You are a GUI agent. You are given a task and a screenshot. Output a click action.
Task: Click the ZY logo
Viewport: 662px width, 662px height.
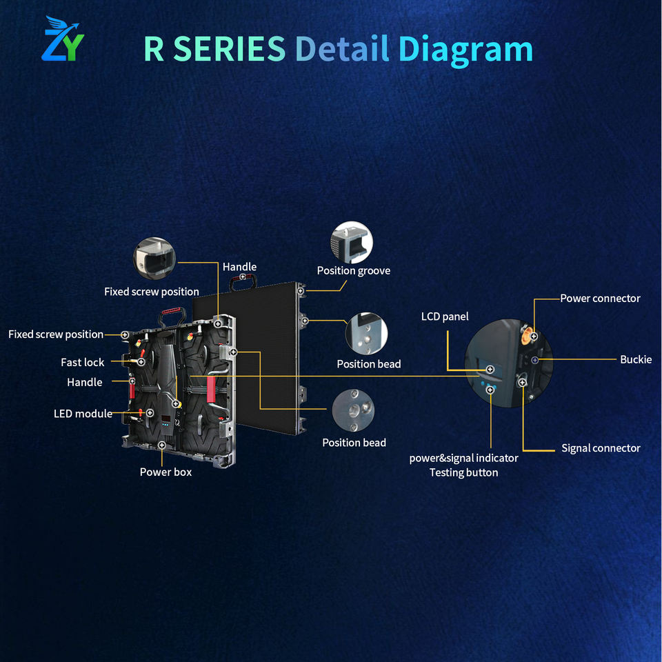pos(63,39)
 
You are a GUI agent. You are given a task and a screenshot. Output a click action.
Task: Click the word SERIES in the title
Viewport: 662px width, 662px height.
pos(230,49)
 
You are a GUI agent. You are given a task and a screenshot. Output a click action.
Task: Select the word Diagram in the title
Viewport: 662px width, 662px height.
pos(465,50)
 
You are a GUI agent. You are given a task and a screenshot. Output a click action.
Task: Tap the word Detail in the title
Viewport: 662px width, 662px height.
pos(342,48)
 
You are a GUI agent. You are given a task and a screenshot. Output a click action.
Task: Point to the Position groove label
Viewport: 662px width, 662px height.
pos(353,270)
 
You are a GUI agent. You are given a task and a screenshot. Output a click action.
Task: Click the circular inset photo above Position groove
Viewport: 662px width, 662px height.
pos(352,242)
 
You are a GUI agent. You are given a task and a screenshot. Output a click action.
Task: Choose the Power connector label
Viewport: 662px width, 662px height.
pos(600,299)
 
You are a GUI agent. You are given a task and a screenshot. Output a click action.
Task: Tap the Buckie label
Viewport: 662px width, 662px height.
pos(636,360)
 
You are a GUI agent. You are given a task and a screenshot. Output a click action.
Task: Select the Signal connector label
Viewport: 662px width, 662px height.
pos(601,448)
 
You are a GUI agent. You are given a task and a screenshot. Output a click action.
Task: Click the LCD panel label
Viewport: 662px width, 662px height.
pos(445,317)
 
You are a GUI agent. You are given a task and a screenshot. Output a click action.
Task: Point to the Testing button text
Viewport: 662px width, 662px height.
pos(463,473)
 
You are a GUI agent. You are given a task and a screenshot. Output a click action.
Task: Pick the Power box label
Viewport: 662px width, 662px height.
pos(165,472)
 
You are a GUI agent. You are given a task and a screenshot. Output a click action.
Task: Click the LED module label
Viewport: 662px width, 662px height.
pos(83,414)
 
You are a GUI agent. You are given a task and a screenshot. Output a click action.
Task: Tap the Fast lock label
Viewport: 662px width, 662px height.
pos(82,363)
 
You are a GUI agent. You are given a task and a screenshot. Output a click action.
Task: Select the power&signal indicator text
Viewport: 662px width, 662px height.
pos(463,459)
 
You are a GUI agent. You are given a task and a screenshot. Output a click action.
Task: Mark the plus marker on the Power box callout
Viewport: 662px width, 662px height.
pos(161,445)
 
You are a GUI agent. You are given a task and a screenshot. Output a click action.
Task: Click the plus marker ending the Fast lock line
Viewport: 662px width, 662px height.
pos(141,362)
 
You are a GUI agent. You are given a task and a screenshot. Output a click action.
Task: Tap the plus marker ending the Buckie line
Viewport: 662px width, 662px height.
pos(535,360)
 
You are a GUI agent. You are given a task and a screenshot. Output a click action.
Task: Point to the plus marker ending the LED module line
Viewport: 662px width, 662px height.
pos(150,413)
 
